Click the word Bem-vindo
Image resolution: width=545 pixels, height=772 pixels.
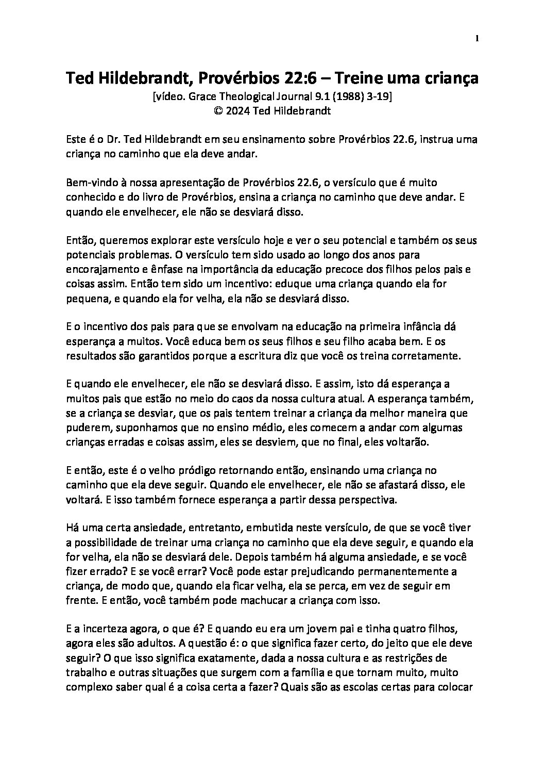tap(89, 183)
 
